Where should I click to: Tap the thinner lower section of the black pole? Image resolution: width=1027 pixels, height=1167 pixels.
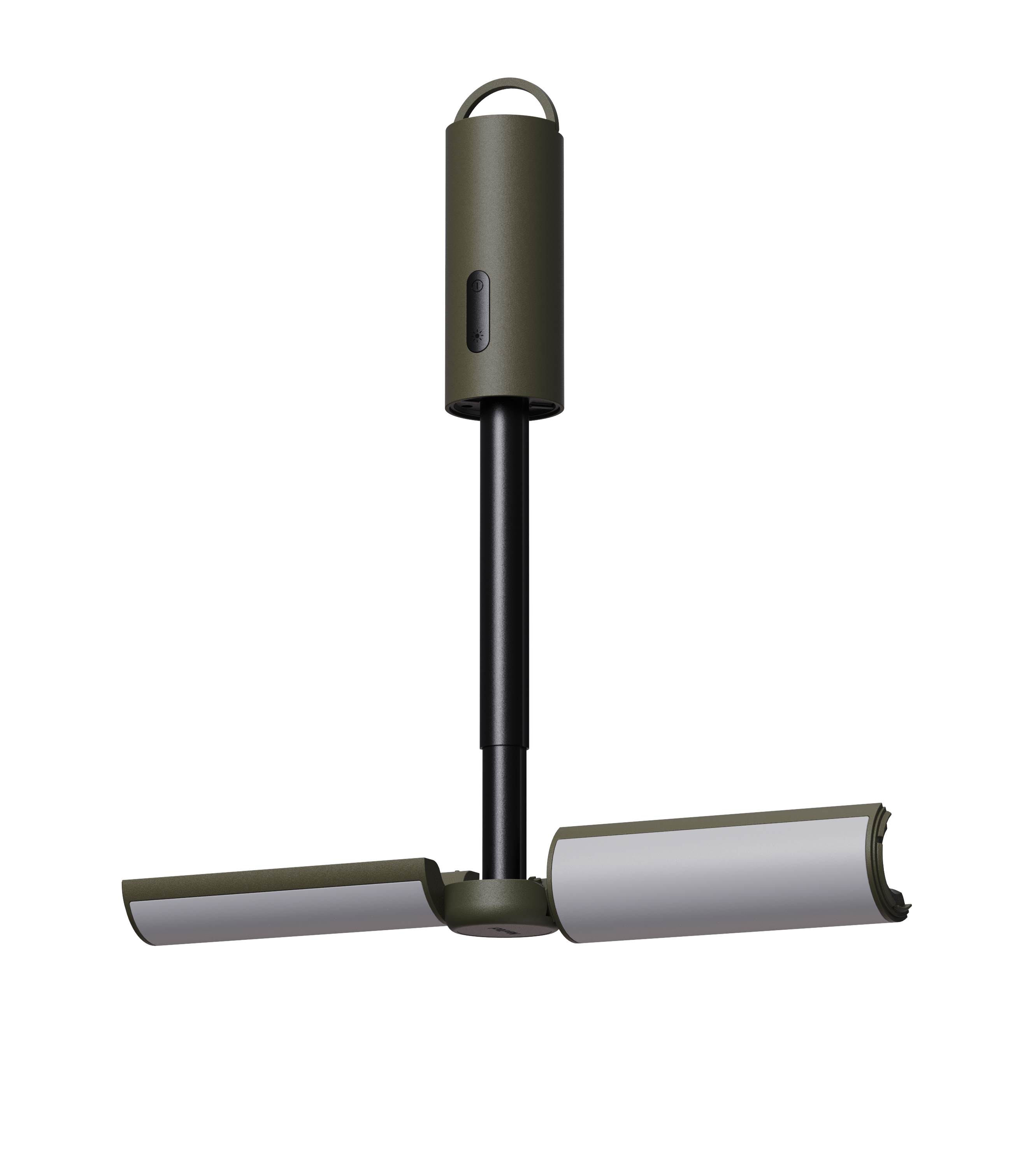coord(503,811)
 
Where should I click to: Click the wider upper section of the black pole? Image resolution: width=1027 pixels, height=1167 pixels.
coord(503,571)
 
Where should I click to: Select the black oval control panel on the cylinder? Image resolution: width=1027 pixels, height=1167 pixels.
coord(478,311)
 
